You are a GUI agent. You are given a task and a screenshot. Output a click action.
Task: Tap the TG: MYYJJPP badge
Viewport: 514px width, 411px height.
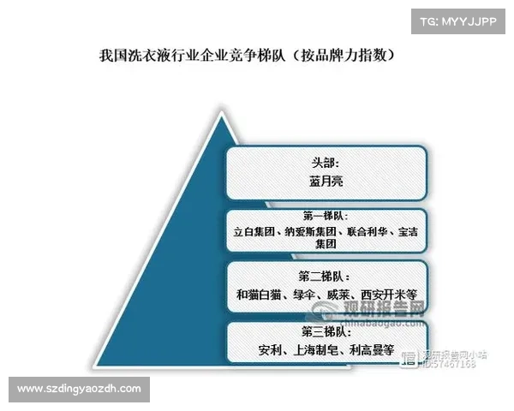click(455, 21)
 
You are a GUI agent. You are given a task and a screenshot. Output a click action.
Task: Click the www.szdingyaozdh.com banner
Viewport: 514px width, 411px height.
click(79, 390)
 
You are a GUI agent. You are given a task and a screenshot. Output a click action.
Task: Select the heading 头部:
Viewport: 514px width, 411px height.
click(326, 161)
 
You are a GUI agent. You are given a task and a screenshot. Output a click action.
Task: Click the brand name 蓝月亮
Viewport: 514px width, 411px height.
click(326, 182)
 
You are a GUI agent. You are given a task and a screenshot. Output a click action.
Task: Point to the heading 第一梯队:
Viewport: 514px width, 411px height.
click(325, 216)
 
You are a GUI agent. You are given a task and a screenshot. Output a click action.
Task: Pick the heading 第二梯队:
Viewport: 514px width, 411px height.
click(325, 277)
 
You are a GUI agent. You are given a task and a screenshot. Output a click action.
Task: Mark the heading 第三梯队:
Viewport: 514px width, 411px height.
click(325, 331)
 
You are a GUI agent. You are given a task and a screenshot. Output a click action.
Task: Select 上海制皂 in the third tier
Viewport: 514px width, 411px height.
click(316, 350)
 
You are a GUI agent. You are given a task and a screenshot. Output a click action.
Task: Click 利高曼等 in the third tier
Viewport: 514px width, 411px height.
click(370, 350)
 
